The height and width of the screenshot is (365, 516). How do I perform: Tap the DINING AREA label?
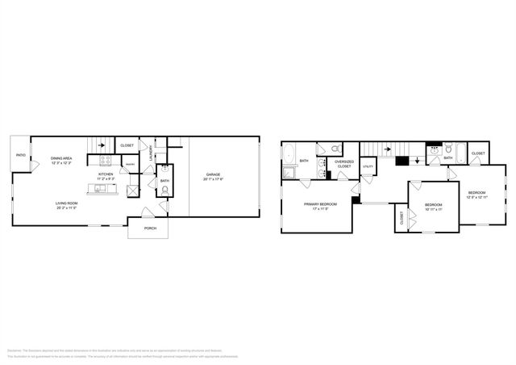coord(62,158)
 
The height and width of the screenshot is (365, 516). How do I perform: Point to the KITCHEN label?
coord(106,174)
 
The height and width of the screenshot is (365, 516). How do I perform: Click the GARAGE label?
coord(214,174)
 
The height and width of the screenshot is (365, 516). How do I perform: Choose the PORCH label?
coord(151,229)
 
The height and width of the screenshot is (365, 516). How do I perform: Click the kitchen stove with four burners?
coord(106,160)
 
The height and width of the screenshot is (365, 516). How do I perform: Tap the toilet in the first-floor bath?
coord(164,191)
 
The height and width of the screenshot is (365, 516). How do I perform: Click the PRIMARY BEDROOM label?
coord(320,204)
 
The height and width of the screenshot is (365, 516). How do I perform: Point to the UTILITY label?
coord(368,166)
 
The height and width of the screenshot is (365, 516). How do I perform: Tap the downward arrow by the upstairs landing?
coord(416,159)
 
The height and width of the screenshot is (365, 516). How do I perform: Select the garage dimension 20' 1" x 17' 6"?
coord(214,179)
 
